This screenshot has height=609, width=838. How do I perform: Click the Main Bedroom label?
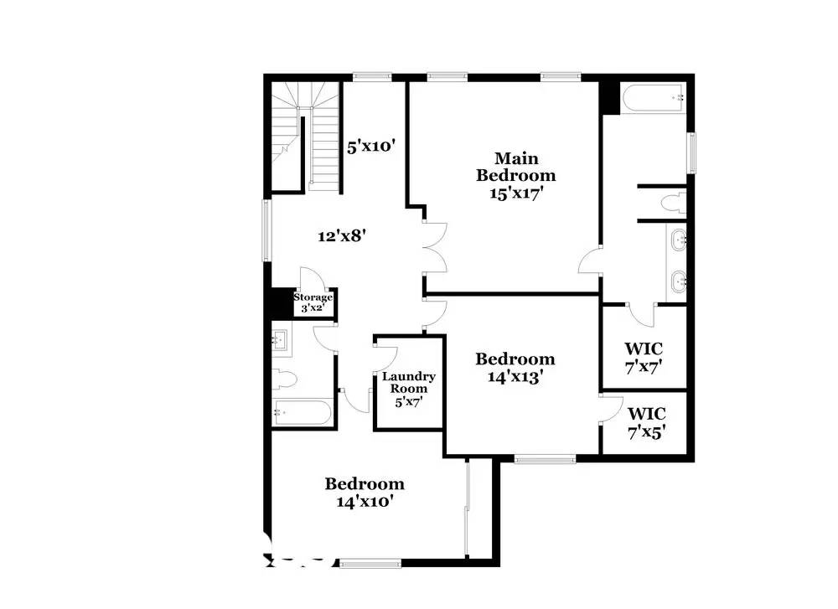515,167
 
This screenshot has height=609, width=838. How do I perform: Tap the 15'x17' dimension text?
516,193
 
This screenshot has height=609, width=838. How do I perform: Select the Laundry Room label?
408,382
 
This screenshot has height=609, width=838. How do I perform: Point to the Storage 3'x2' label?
313,302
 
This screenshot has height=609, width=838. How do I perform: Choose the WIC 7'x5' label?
646,423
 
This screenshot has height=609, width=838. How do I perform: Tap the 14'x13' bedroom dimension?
515,377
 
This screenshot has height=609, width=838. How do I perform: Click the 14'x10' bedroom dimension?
365,502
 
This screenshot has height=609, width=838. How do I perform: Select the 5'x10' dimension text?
371,147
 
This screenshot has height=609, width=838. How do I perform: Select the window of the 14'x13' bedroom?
544,458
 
